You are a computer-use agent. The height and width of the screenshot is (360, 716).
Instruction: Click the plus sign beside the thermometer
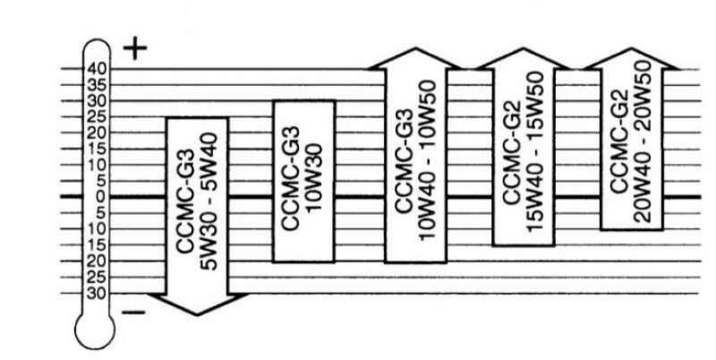(x=135, y=50)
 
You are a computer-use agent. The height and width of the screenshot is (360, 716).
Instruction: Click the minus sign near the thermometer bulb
(x=133, y=313)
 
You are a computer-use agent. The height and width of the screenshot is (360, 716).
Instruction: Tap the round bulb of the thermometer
(x=95, y=330)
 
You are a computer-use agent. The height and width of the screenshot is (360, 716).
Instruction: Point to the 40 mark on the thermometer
(x=97, y=69)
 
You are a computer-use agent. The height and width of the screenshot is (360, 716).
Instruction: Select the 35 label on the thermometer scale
(x=97, y=85)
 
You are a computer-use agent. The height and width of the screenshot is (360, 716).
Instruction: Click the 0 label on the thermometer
(x=100, y=197)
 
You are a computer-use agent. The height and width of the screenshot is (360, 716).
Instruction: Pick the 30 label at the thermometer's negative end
(x=97, y=293)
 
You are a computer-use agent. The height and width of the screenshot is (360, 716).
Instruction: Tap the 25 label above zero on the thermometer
(x=97, y=117)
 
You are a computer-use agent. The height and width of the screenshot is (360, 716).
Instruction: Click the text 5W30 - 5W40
(x=210, y=201)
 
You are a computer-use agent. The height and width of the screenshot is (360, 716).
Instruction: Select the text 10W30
(x=315, y=177)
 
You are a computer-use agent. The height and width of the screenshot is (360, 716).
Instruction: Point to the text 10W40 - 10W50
(x=428, y=160)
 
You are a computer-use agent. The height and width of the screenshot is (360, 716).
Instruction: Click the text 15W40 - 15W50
(x=535, y=152)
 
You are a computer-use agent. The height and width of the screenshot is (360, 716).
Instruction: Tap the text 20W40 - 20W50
(x=643, y=142)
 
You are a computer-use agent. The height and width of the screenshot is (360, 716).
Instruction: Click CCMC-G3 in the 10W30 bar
(x=290, y=177)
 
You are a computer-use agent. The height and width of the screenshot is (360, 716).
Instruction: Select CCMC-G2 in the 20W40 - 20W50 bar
(x=619, y=142)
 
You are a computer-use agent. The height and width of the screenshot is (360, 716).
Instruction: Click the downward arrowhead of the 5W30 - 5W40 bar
(x=197, y=304)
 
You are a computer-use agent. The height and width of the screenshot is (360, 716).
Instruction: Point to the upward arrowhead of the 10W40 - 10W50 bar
(x=415, y=58)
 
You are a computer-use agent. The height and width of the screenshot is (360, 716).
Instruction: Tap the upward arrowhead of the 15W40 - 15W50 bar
(x=524, y=58)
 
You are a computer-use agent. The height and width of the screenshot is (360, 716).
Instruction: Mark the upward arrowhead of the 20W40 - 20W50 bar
(x=632, y=58)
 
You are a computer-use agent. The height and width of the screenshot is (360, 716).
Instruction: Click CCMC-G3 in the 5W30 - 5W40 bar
(x=186, y=201)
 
